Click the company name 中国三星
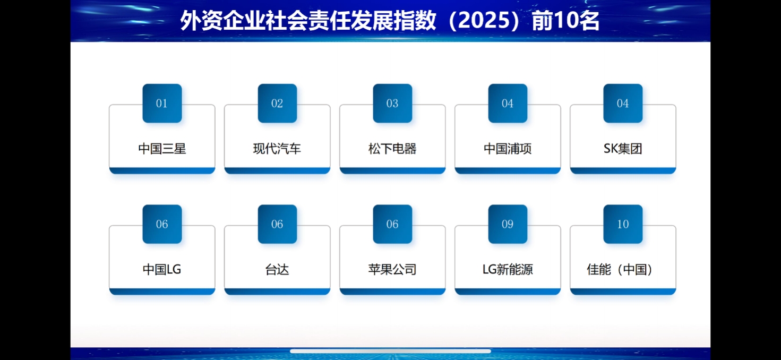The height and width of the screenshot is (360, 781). point(162,149)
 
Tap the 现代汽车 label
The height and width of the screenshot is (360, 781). point(277,149)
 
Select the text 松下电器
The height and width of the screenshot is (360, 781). point(392,149)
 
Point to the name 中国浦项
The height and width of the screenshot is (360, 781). point(508,149)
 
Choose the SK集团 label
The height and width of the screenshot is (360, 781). point(623,149)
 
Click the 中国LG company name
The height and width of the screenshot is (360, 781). point(162,269)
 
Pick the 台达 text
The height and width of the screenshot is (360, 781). point(277,270)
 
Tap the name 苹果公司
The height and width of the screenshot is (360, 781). point(392,270)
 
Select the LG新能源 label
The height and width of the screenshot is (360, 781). point(508,270)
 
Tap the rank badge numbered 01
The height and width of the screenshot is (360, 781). point(162,103)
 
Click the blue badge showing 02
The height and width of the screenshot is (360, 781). point(277,103)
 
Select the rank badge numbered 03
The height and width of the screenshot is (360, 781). point(392,103)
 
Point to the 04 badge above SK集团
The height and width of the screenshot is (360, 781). point(623,103)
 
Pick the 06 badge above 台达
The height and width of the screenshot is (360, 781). point(277,224)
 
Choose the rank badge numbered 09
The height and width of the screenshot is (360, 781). point(508,224)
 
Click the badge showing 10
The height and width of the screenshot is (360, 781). point(623,224)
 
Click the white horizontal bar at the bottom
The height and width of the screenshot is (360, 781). point(391,352)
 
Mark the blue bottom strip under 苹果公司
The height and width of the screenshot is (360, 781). point(392,292)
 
